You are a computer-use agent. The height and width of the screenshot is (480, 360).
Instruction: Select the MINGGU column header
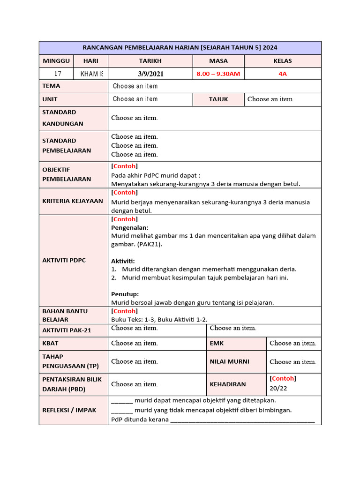point(56,61)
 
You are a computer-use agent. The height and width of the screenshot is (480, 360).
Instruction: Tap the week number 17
point(58,74)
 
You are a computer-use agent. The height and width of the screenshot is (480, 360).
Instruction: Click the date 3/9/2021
point(150,74)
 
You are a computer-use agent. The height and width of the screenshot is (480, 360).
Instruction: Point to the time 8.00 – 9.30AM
point(218,74)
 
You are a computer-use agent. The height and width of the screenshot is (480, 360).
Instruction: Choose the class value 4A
point(283,74)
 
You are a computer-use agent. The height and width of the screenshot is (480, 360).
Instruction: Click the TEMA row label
point(51,86)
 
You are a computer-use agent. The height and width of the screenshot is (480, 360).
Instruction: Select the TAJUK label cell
point(218,99)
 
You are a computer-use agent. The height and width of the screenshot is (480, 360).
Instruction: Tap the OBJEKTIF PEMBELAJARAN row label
point(60,174)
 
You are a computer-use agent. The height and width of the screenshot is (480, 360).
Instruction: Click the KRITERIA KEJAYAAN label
point(73,201)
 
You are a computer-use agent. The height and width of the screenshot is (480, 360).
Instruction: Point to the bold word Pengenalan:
point(129,227)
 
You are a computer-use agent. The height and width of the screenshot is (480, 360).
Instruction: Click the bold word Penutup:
point(125,294)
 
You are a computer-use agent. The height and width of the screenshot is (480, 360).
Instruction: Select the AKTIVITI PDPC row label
point(64,261)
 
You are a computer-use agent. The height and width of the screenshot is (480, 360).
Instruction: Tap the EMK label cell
point(217,343)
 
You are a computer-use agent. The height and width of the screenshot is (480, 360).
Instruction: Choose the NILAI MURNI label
point(230,361)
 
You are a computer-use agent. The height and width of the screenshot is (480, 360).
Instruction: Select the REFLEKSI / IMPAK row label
point(69,410)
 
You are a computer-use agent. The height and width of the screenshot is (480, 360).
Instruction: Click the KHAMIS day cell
point(91,74)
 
